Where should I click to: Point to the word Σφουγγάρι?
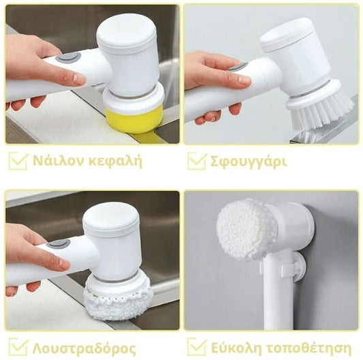249,162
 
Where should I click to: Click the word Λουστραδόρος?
84,348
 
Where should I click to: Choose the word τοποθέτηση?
309,348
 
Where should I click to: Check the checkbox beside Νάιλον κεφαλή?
18,161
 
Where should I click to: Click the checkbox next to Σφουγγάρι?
197,161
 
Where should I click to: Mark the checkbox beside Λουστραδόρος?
18,347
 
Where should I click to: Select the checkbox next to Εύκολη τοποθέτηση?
197,347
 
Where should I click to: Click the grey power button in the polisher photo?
59,243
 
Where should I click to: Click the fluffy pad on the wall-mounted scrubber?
247,230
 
